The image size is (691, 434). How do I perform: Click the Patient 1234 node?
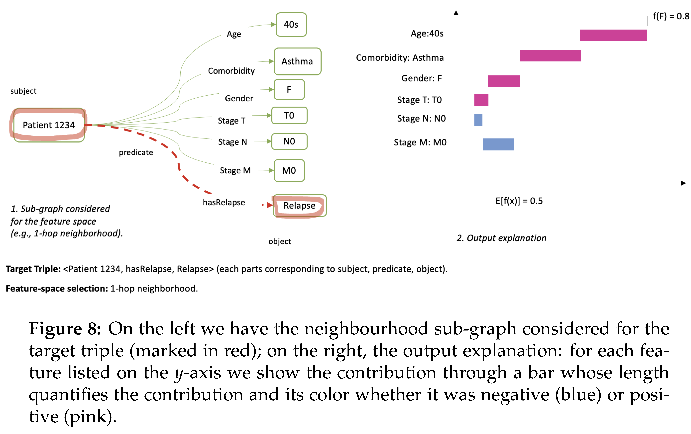click(x=49, y=125)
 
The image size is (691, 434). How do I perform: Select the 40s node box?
click(x=291, y=25)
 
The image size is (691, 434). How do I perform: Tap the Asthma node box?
click(x=297, y=61)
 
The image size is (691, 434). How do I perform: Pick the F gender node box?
click(x=289, y=89)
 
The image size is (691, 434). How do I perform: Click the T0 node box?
click(x=289, y=116)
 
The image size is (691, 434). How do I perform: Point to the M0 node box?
click(x=289, y=171)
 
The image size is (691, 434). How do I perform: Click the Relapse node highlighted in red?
click(x=299, y=206)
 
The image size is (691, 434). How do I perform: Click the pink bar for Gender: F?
click(x=504, y=81)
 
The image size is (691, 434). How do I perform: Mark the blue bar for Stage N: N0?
click(x=478, y=120)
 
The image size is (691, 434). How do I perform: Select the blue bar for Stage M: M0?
click(x=498, y=144)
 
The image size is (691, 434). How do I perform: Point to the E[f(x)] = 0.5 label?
click(x=519, y=201)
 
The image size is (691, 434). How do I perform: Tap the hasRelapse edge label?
click(x=224, y=202)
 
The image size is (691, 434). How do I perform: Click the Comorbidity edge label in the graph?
click(x=231, y=71)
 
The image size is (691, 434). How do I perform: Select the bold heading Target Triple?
click(x=33, y=269)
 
